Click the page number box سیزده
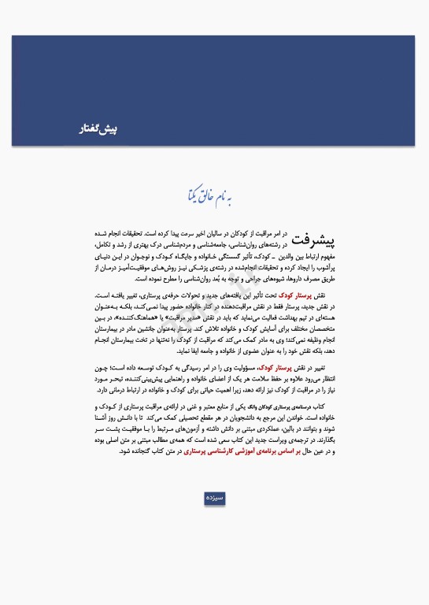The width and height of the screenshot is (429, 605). pos(214,498)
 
